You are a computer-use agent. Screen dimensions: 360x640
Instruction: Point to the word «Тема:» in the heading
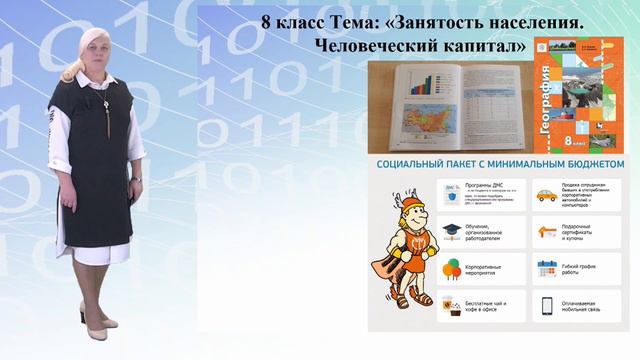[331, 21]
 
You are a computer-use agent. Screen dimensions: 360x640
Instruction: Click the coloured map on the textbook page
[428, 116]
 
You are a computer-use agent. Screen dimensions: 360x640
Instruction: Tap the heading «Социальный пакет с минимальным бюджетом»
[500, 164]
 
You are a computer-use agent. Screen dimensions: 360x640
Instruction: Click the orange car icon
[545, 196]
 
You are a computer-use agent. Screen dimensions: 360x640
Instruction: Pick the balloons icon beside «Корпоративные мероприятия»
[451, 268]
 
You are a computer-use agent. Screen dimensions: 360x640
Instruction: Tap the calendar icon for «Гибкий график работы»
[546, 268]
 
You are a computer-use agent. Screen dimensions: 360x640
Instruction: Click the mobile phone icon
[546, 306]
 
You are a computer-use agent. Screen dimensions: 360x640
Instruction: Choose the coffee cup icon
[451, 306]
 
